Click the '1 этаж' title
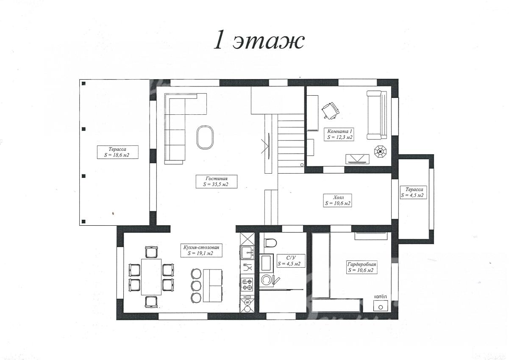(x=259, y=42)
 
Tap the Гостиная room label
(x=216, y=179)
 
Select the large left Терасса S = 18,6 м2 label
(x=117, y=152)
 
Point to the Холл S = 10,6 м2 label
(x=337, y=200)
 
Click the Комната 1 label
(x=339, y=131)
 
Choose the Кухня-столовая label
(x=201, y=247)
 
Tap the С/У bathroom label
(x=291, y=258)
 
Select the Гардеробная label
(x=362, y=264)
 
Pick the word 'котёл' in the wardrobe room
(x=380, y=296)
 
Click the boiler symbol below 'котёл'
(x=381, y=305)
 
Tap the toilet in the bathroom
(x=270, y=243)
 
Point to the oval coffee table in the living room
(x=205, y=137)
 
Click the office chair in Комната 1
(x=331, y=110)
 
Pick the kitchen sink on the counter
(x=248, y=252)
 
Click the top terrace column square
(x=83, y=83)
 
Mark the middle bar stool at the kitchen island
(x=196, y=285)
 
